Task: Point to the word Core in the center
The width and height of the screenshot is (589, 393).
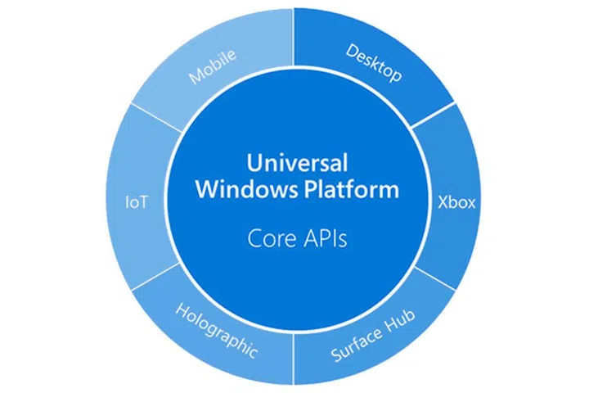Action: tap(269, 239)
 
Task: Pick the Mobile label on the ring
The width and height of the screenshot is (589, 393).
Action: tap(213, 66)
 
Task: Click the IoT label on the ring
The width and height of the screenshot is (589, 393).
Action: tap(137, 201)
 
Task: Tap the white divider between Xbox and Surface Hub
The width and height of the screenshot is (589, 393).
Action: tap(433, 276)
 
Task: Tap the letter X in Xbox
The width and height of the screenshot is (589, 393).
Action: tap(440, 201)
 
